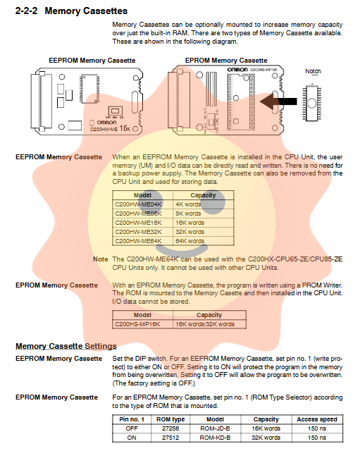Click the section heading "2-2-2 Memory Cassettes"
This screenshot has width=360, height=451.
[71, 11]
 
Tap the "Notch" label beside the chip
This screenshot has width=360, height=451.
[313, 71]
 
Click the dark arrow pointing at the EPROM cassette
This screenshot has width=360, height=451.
[278, 101]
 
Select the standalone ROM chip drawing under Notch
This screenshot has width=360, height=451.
[312, 103]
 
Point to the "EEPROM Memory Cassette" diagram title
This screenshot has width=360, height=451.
[92, 61]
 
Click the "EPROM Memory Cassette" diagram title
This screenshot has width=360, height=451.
[226, 61]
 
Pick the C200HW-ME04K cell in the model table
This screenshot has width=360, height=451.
[138, 204]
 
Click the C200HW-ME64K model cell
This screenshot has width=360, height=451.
[138, 241]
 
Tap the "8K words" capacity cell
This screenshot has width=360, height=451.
[188, 214]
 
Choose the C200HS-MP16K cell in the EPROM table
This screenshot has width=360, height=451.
[137, 324]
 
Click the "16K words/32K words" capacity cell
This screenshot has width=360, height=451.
[205, 324]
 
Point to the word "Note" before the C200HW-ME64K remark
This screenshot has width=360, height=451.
[100, 259]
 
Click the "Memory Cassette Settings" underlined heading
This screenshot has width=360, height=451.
[66, 346]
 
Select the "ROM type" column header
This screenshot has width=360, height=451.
[170, 419]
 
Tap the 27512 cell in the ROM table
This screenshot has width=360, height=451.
[170, 438]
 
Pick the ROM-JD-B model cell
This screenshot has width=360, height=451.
[215, 428]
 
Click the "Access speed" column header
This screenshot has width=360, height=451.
[317, 419]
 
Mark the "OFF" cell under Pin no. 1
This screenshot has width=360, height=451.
[132, 428]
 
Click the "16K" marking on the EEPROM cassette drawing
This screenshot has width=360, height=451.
[125, 128]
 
